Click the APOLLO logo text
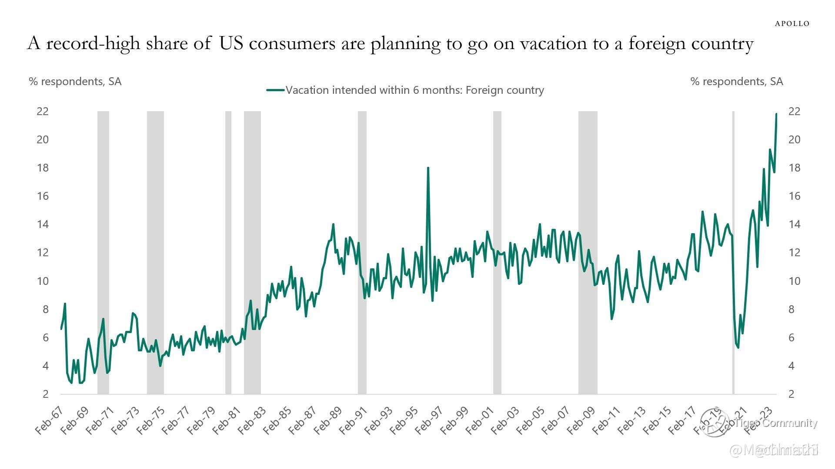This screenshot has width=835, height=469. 792,23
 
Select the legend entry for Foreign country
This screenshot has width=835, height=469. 405,90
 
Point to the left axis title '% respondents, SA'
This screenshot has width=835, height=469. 75,81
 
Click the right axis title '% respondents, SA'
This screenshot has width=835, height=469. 736,81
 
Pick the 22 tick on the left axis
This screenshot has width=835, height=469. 43,111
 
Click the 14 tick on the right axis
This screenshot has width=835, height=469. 794,225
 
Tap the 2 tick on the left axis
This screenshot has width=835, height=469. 45,394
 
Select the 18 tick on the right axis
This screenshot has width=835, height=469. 794,168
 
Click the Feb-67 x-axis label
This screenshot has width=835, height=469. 49,421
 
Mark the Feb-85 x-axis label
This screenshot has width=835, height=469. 277,421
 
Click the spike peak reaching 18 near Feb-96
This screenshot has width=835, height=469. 428,168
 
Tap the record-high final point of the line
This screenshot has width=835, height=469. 776,114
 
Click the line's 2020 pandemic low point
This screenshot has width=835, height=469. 738,347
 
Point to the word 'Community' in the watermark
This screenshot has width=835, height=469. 789,423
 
